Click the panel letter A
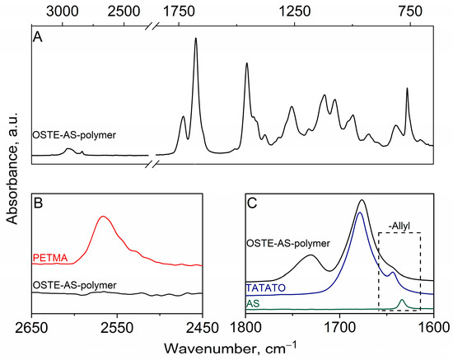point(37,36)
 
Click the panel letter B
point(37,200)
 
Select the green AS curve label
point(255,304)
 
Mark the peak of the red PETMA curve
point(103,217)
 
